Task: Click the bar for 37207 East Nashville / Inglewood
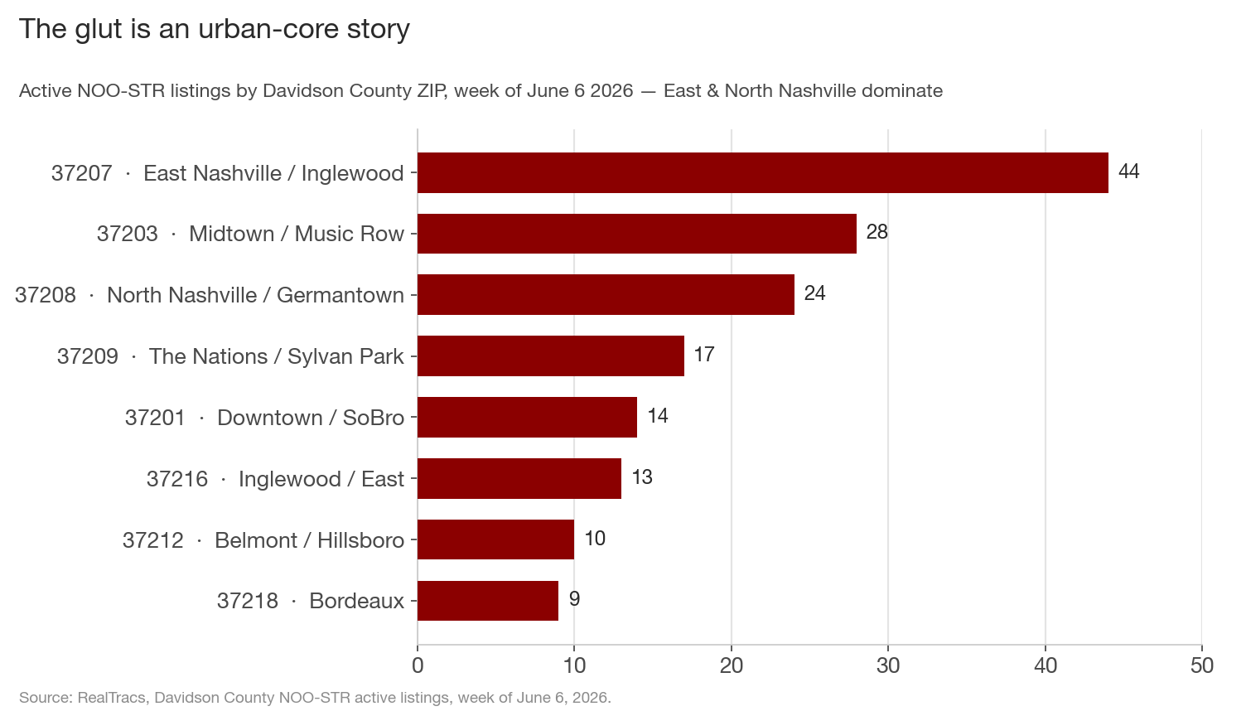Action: tap(763, 173)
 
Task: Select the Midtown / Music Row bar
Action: tap(637, 234)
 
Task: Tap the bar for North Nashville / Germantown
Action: tap(606, 295)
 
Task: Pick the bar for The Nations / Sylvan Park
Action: tap(551, 356)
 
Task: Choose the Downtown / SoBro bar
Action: tap(528, 417)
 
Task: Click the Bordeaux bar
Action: tap(488, 601)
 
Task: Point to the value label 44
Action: tap(1128, 172)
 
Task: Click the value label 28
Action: tap(877, 232)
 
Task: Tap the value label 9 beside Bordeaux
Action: tap(575, 599)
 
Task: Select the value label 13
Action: tap(642, 477)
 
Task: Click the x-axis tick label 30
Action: tap(888, 665)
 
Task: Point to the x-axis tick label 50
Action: tap(1202, 665)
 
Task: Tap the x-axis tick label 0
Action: tap(418, 665)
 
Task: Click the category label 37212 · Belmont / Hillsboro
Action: tap(263, 540)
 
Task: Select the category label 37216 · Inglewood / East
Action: tap(275, 479)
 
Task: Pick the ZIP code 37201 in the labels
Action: tap(155, 418)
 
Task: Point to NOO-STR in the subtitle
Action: tap(121, 90)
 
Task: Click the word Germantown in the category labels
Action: tap(340, 295)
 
